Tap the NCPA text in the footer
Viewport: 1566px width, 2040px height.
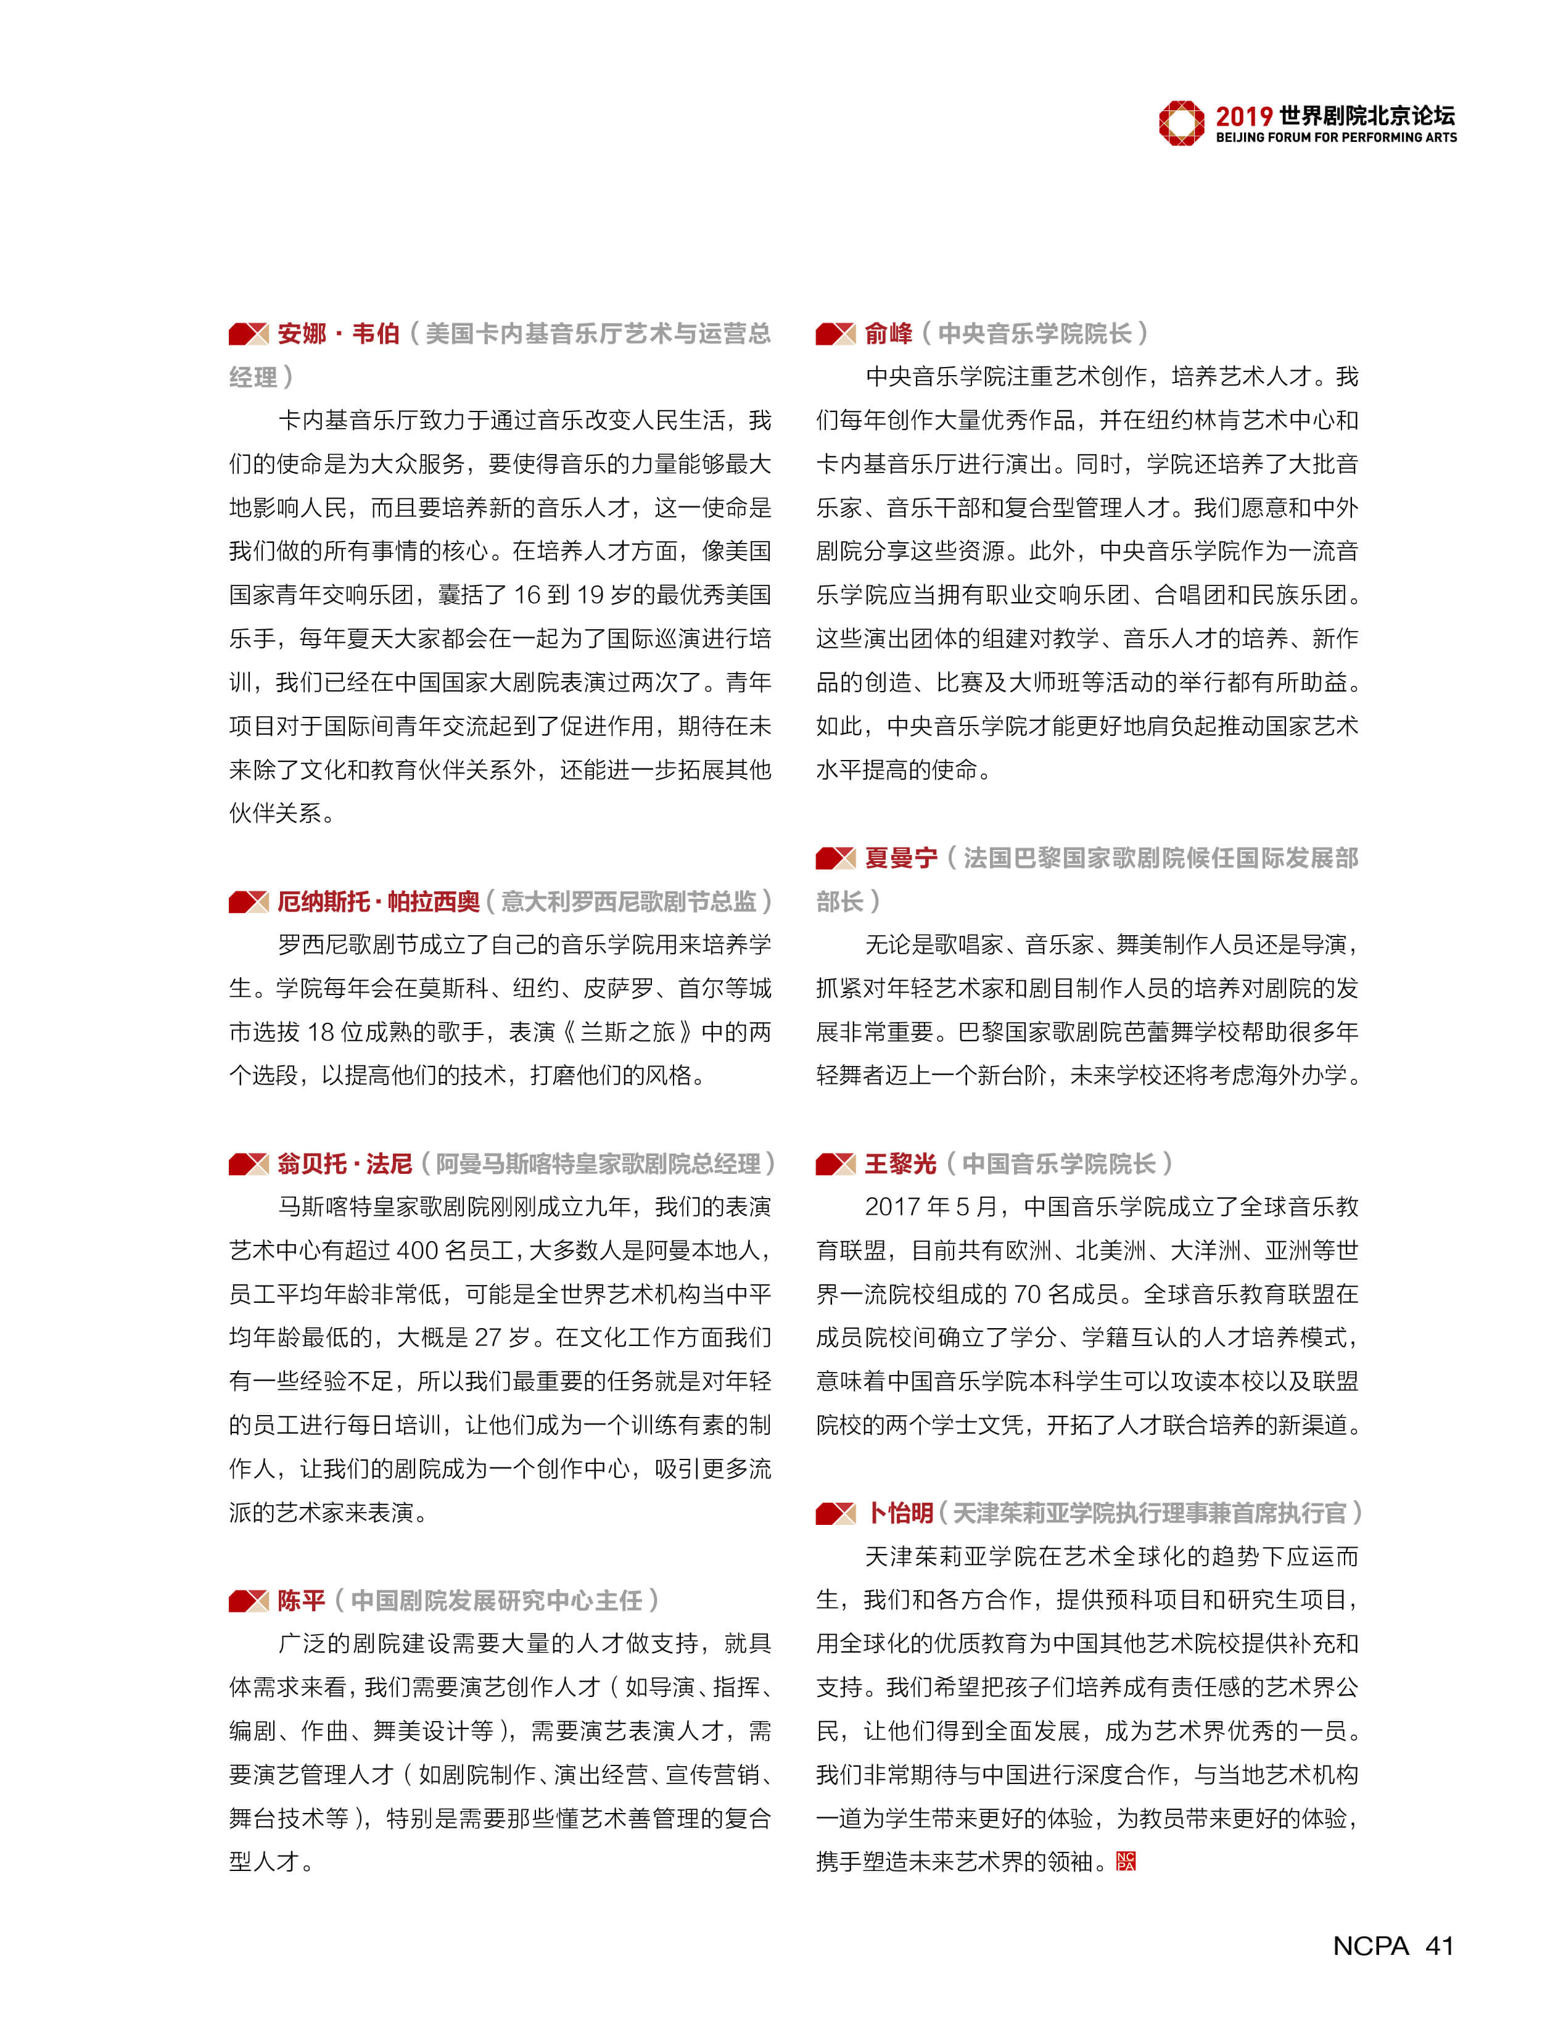pos(1370,1946)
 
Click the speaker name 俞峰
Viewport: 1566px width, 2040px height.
pos(888,334)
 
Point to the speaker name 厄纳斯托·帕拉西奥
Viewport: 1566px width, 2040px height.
pos(379,902)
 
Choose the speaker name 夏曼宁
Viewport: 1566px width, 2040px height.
pos(900,858)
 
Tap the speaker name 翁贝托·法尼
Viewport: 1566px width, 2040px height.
pos(344,1163)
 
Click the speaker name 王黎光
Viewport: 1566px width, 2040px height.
pos(900,1163)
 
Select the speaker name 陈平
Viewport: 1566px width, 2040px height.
pos(300,1601)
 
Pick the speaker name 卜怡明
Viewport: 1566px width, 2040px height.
pos(900,1513)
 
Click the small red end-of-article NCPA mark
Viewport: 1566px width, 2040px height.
pos(1126,1862)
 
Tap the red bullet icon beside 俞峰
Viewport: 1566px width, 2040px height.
pos(835,334)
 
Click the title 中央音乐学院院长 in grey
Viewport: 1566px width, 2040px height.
pos(1035,334)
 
